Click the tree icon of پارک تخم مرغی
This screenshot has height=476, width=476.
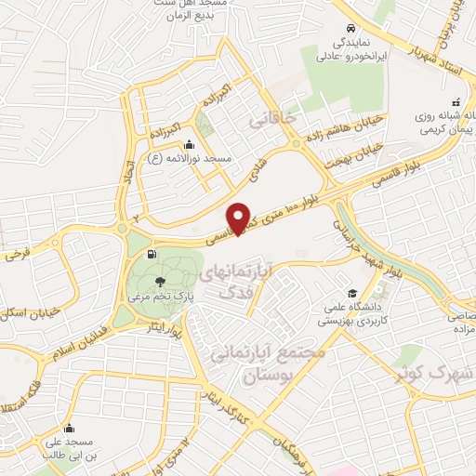pyautogui.click(x=161, y=280)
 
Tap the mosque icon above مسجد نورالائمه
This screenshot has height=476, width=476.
pyautogui.click(x=190, y=144)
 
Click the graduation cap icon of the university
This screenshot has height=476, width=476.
pyautogui.click(x=351, y=292)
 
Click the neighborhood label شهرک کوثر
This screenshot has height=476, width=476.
pyautogui.click(x=438, y=374)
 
